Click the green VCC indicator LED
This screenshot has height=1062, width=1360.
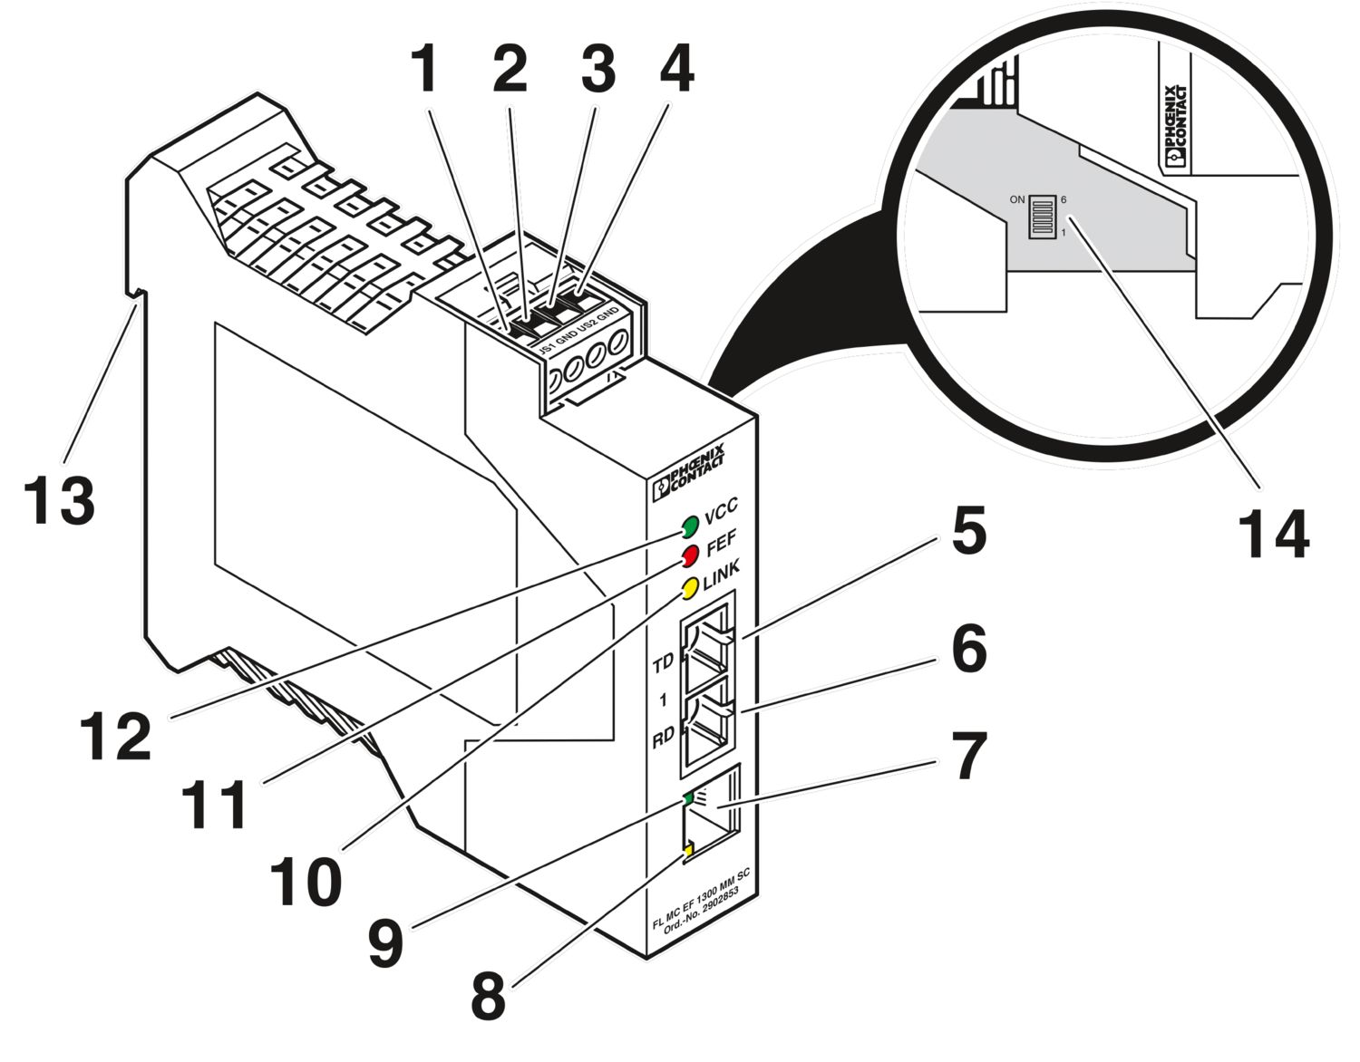point(689,526)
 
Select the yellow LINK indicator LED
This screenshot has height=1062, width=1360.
point(690,587)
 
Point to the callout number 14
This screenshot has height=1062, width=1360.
point(1274,536)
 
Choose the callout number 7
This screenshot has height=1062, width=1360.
point(968,758)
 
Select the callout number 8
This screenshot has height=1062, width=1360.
point(489,997)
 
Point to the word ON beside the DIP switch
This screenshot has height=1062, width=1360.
point(1016,199)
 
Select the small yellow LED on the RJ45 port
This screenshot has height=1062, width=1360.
point(688,849)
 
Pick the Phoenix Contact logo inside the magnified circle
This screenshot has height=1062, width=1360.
point(1174,126)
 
